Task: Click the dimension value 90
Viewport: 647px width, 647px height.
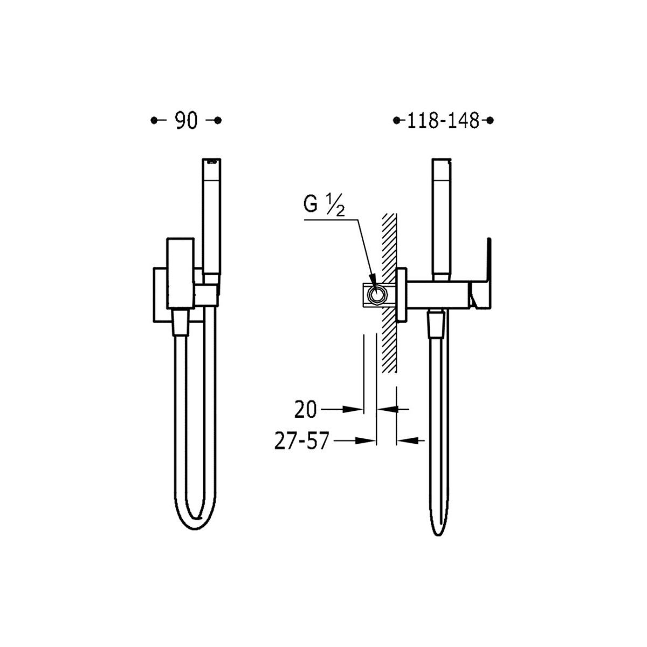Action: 187,121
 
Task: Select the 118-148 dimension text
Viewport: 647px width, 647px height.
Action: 443,121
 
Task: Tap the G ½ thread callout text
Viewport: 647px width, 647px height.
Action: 324,205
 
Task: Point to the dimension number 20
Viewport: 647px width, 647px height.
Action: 305,410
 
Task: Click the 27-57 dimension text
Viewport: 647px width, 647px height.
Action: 301,441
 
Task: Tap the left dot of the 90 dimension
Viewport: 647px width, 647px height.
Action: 154,120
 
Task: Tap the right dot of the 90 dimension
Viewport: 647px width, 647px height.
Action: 218,120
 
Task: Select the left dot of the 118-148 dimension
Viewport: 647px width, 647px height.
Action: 397,120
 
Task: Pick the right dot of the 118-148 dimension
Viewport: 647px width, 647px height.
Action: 490,120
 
